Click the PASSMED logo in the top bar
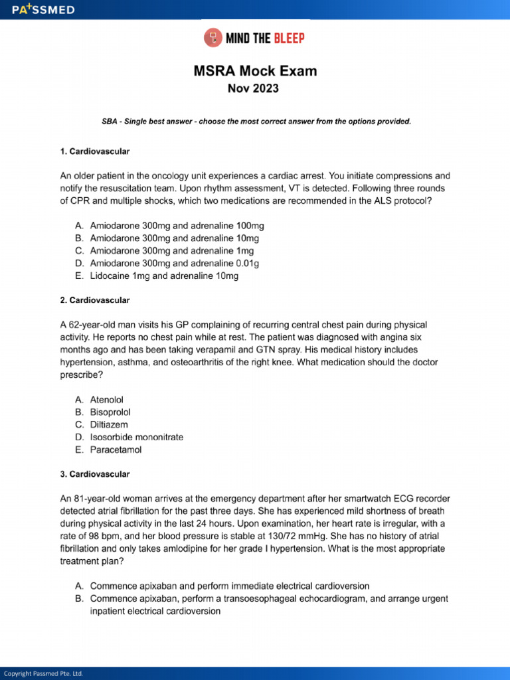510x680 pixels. coord(42,10)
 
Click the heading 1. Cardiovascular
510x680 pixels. coord(95,151)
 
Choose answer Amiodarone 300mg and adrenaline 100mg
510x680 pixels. coord(177,226)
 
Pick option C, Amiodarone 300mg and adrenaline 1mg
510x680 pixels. coord(171,251)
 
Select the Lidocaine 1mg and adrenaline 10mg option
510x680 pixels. coord(164,276)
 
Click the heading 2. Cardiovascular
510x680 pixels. coord(95,300)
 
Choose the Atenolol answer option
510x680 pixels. coord(107,400)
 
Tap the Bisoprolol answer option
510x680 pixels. coord(110,412)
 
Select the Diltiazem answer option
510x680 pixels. coord(109,424)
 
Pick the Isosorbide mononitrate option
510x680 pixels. coord(137,437)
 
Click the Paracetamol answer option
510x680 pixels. coord(116,450)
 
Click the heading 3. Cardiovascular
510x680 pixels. coord(95,474)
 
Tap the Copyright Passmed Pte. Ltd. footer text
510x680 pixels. coord(44,673)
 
